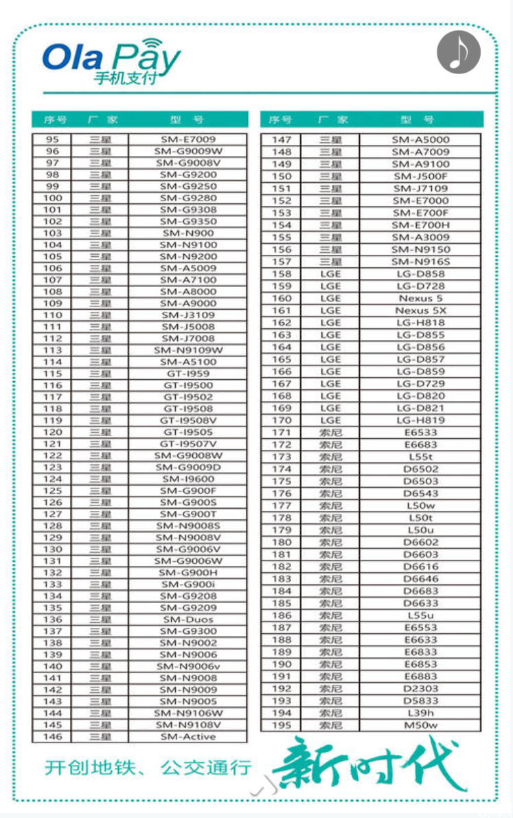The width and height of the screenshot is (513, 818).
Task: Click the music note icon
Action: [x=459, y=52]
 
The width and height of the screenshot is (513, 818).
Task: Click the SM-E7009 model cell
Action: [x=188, y=139]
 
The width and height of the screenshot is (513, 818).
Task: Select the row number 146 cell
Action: [x=53, y=737]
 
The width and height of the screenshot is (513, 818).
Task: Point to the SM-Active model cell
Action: [x=188, y=737]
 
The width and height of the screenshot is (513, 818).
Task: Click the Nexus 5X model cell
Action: [x=420, y=310]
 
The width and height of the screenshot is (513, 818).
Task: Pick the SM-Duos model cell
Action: [x=188, y=620]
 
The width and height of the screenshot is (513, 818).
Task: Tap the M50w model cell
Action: [x=420, y=725]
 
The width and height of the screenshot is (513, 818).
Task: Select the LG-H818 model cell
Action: [x=420, y=323]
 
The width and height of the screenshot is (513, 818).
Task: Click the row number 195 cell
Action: [x=282, y=725]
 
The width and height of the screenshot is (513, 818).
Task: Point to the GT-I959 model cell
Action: [x=188, y=374]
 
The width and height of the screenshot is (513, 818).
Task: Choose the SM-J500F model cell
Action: [x=420, y=176]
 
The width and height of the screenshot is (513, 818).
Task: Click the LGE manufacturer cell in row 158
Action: [x=330, y=274]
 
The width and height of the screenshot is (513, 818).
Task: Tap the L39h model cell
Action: [x=420, y=713]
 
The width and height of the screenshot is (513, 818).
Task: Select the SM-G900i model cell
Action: [x=188, y=584]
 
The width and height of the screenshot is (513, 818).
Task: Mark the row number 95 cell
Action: [x=53, y=139]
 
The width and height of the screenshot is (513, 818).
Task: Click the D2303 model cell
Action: [x=420, y=688]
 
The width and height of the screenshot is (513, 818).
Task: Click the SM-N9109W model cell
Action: [x=188, y=350]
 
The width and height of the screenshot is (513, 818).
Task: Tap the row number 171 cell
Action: [x=282, y=433]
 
